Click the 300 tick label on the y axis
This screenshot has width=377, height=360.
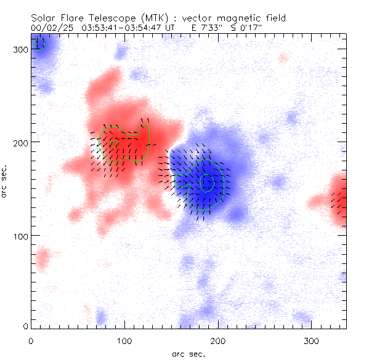click(22, 49)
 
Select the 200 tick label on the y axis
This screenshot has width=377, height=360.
click(22, 142)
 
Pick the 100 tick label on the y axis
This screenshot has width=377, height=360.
click(22, 236)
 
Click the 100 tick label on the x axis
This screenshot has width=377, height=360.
click(125, 340)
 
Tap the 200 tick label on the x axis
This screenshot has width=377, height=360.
click(219, 340)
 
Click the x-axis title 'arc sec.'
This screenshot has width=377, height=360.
click(188, 354)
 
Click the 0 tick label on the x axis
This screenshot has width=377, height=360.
click(31, 340)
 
